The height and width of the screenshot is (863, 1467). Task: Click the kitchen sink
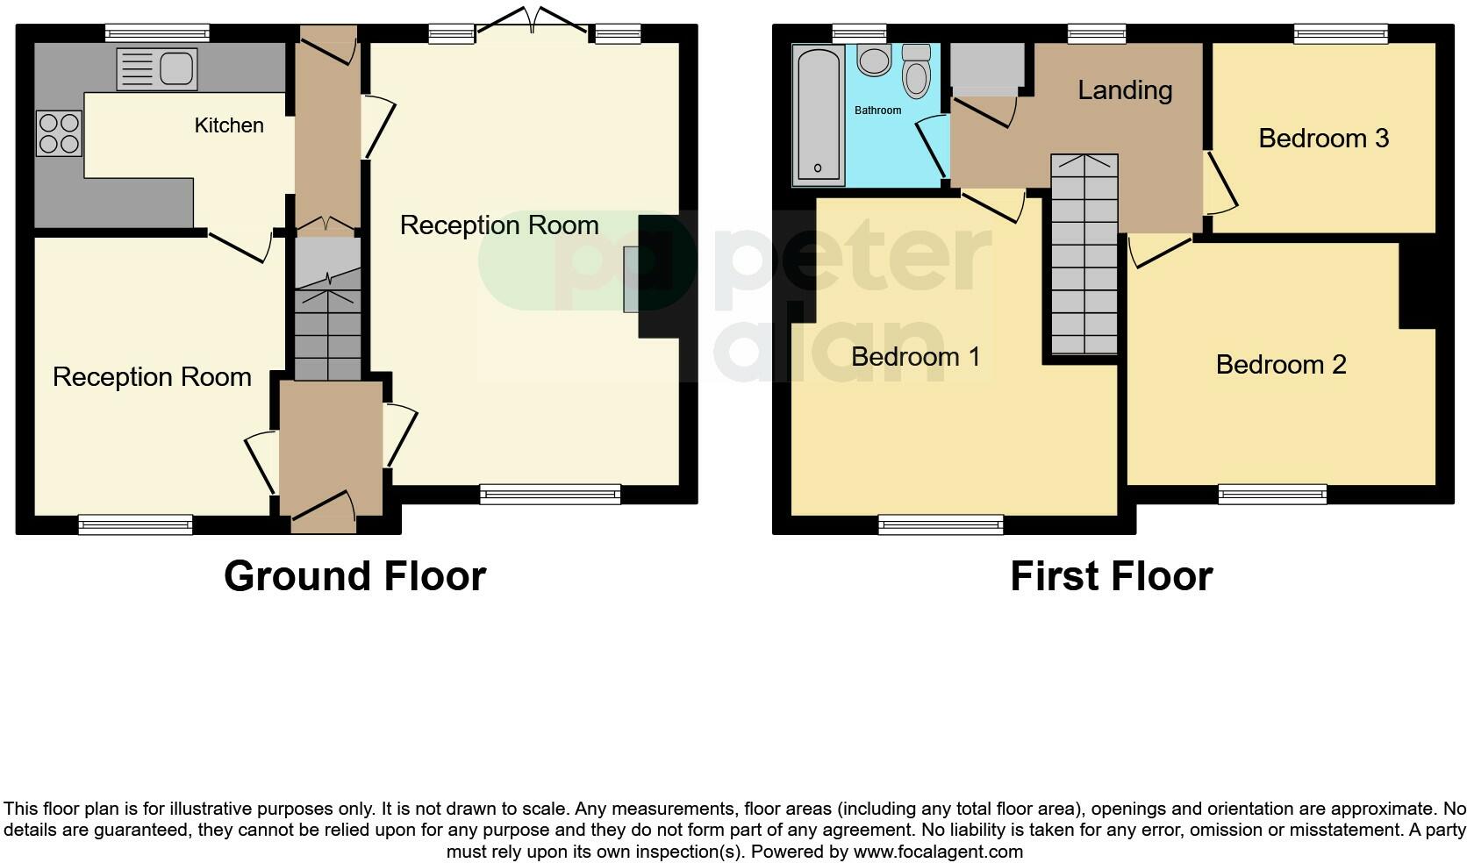click(157, 69)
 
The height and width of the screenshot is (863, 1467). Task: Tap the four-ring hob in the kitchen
click(59, 132)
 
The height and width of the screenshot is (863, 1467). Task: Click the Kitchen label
click(229, 125)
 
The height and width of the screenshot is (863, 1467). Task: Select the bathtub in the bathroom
click(818, 115)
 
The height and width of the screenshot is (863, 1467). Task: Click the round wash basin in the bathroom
click(874, 61)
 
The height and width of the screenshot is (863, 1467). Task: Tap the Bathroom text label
click(877, 111)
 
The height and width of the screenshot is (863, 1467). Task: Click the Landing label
click(1125, 90)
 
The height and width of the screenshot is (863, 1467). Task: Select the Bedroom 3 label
click(1323, 139)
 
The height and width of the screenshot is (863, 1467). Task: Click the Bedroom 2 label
click(1281, 364)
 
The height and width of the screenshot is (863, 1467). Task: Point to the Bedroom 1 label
click(915, 357)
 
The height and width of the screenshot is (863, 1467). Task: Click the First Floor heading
click(1111, 576)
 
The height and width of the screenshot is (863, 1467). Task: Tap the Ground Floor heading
click(354, 576)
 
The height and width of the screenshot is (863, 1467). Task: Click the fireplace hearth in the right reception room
click(632, 279)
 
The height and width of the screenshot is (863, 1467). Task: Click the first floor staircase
click(1084, 254)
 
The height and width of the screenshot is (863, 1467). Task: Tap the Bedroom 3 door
click(1220, 184)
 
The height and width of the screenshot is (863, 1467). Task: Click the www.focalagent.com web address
click(938, 852)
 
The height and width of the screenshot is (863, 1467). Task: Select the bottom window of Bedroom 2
click(1271, 496)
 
